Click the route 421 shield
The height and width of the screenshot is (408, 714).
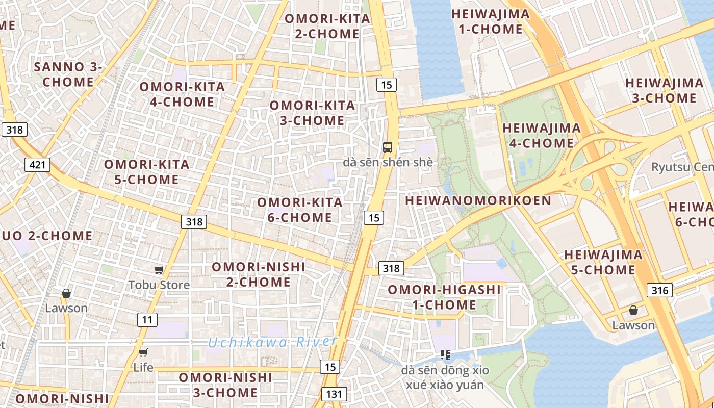click(38, 165)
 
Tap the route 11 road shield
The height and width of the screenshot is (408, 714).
click(147, 320)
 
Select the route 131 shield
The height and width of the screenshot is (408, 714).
click(334, 394)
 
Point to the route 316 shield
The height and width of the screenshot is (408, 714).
click(660, 290)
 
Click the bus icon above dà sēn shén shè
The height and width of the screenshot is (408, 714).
click(388, 147)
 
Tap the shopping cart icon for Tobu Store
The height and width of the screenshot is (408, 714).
click(159, 270)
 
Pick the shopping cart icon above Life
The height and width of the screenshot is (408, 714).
click(143, 352)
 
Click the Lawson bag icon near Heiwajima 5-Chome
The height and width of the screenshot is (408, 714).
click(633, 310)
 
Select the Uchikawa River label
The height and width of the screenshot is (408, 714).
click(273, 342)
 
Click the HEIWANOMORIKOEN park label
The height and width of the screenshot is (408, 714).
click(478, 200)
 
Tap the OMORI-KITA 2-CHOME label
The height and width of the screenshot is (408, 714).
click(327, 26)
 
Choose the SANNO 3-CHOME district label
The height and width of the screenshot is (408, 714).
click(68, 74)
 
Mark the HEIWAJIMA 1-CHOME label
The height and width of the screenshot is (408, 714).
click(491, 21)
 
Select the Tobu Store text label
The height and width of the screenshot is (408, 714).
click(159, 285)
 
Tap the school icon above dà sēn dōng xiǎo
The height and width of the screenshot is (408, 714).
click(445, 354)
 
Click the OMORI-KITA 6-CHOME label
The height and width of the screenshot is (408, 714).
click(300, 210)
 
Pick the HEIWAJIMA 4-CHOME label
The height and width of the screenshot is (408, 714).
click(542, 135)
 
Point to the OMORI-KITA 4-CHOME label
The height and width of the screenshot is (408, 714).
click(182, 94)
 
